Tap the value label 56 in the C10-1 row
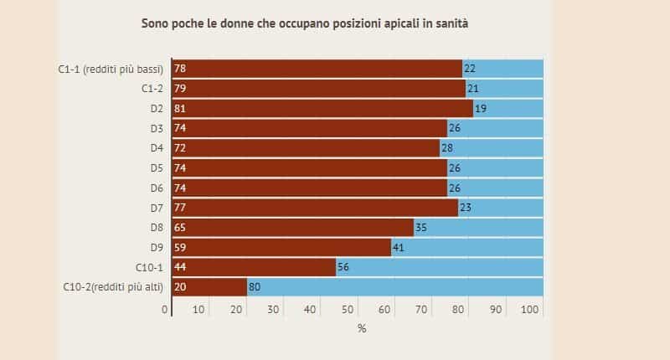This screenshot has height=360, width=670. pyautogui.click(x=343, y=267)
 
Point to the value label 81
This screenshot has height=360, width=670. pyautogui.click(x=179, y=108)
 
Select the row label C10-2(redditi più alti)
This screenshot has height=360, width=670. pyautogui.click(x=113, y=286)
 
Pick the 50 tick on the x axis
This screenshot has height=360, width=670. pyautogui.click(x=348, y=311)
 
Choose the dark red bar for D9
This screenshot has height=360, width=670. pyautogui.click(x=281, y=248)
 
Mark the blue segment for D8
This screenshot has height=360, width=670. pyautogui.click(x=477, y=228)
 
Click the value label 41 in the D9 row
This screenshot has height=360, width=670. pyautogui.click(x=399, y=248)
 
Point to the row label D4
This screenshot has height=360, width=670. pyautogui.click(x=155, y=148)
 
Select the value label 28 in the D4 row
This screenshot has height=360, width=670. pyautogui.click(x=446, y=148)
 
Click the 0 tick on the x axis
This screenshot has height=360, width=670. pyautogui.click(x=165, y=311)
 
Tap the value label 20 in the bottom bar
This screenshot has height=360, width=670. pyautogui.click(x=179, y=286)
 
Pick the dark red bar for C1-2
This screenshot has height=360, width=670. pyautogui.click(x=318, y=89)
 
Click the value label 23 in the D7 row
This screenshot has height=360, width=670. pyautogui.click(x=465, y=208)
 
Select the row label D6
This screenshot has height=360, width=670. pyautogui.click(x=155, y=188)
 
